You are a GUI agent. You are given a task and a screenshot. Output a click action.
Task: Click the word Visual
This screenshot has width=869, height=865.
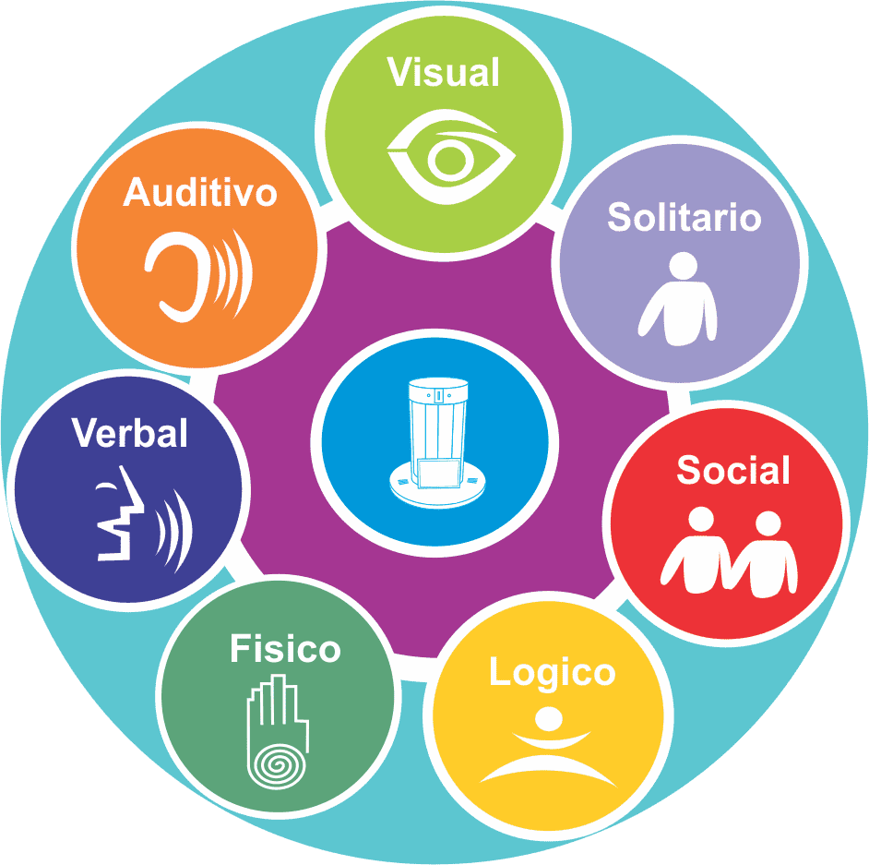pos(444,73)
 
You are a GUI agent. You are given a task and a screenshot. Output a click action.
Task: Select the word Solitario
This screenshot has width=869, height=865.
pos(684,218)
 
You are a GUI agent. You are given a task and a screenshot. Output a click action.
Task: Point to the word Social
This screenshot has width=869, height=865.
pos(733,471)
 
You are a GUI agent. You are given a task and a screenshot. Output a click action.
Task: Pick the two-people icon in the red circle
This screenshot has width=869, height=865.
pos(730,552)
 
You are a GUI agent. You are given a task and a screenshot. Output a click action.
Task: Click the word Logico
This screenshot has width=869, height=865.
pos(552,672)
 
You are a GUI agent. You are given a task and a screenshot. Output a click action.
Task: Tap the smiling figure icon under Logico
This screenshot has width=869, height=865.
pos(548,748)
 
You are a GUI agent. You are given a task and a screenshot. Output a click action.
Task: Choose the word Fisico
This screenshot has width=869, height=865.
pos(285,649)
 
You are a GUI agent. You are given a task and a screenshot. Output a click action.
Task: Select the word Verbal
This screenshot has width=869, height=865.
pos(130,433)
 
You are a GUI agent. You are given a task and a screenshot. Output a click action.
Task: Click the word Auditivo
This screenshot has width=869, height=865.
pos(200,193)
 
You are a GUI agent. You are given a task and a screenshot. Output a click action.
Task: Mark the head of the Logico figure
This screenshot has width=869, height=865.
pos(548,718)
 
